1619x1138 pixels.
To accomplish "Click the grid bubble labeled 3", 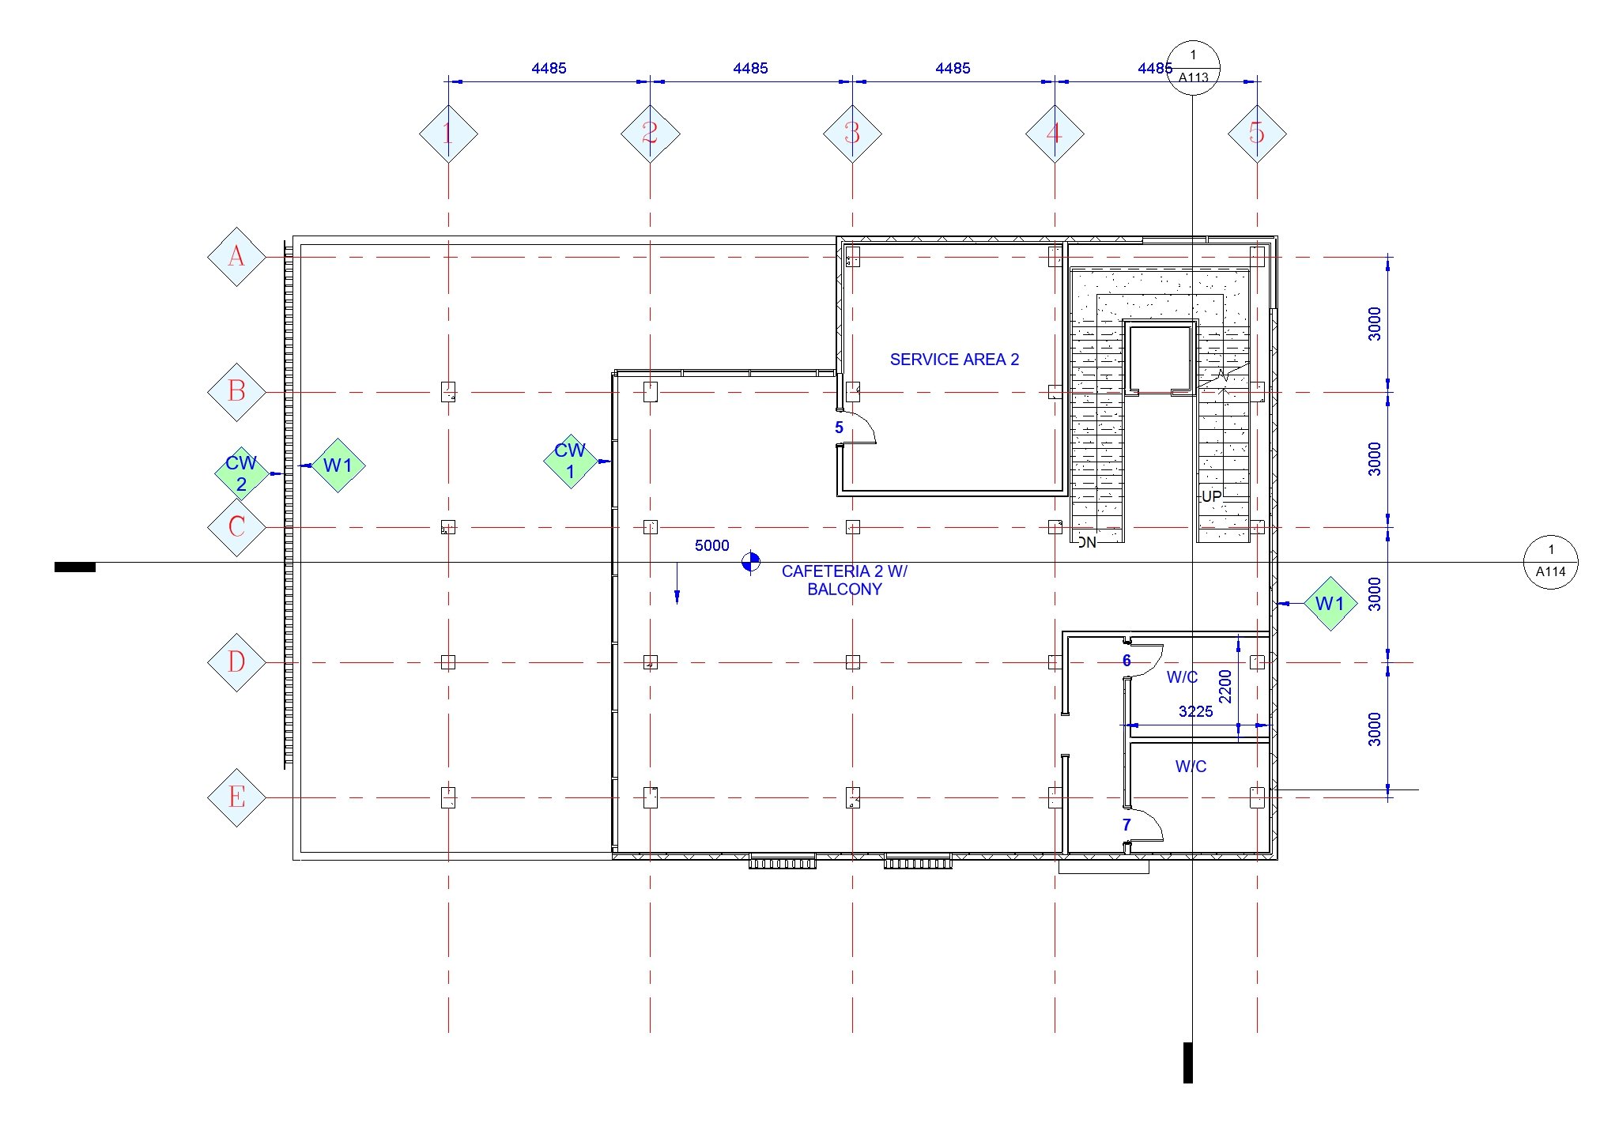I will coord(852,134).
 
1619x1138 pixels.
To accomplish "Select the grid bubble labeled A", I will coord(236,257).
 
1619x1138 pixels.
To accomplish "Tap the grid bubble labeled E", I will coord(236,797).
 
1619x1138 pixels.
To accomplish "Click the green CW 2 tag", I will coord(241,473).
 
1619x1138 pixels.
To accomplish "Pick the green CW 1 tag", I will coord(570,461).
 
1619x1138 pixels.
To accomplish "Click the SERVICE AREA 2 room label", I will coord(954,360).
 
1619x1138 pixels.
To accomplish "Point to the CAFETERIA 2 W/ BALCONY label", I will coord(844,579).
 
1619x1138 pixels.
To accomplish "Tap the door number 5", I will coord(839,428).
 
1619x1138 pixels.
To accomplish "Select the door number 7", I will coord(1127,824).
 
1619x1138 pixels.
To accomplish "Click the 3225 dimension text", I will coord(1195,711).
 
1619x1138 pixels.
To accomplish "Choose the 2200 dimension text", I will coord(1225,686).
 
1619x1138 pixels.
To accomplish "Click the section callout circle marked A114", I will coord(1550,562).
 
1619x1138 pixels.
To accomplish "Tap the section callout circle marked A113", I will coord(1193,68).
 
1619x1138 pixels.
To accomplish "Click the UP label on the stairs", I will coord(1211,496).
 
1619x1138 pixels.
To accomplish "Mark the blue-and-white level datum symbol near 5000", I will coord(750,562).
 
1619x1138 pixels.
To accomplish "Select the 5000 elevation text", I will coord(711,545).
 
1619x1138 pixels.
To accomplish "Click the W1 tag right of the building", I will coord(1330,604).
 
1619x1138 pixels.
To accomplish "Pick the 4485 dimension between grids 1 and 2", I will coord(549,68).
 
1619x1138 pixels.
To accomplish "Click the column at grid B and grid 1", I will coord(448,392).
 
